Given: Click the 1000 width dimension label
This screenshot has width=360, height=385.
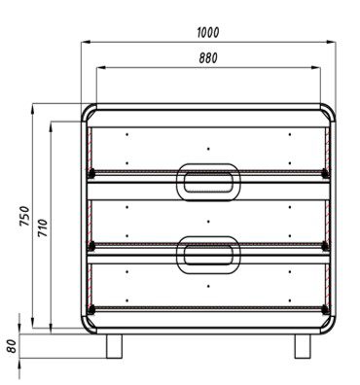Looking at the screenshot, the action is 208,32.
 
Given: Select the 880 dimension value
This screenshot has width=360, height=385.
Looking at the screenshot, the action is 208,58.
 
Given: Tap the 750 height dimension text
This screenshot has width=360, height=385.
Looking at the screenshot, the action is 24,216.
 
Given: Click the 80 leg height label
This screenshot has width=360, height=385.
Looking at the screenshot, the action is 12,346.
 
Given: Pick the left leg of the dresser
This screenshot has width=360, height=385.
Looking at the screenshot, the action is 114,346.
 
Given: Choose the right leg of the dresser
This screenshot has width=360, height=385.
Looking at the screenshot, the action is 303,346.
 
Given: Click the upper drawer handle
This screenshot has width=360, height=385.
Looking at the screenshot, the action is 208,182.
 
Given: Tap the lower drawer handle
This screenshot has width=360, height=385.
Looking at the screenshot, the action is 208,255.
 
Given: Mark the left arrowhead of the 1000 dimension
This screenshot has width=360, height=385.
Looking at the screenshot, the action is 85,42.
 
